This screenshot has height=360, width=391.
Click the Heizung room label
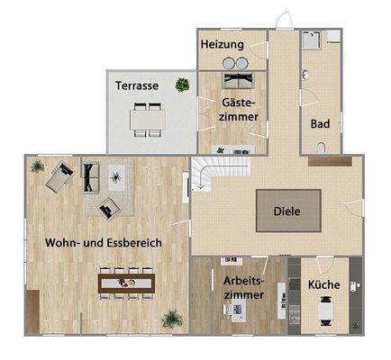(x=223, y=44)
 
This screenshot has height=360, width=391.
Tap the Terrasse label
(x=137, y=85)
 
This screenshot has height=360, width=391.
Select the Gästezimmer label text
(x=240, y=110)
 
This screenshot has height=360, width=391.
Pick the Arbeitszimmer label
(x=244, y=286)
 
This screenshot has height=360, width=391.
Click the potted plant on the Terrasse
(x=183, y=85)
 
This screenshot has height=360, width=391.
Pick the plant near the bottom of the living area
(x=170, y=318)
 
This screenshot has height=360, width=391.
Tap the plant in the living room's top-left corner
(x=35, y=166)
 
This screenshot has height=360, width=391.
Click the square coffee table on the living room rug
(x=114, y=177)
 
